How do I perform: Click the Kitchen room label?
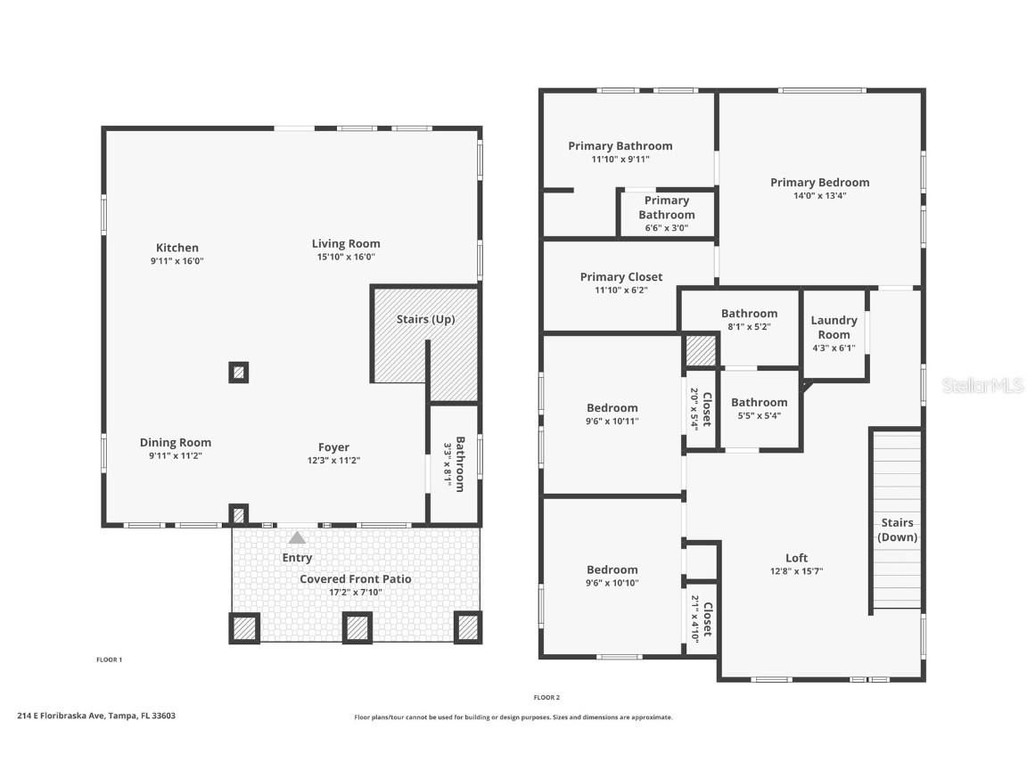(x=177, y=248)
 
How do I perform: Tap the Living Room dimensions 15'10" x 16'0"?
(x=346, y=257)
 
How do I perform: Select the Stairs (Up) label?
(x=425, y=319)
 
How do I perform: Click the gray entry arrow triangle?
(x=297, y=537)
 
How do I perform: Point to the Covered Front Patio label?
(x=355, y=578)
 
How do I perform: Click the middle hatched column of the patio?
(x=357, y=627)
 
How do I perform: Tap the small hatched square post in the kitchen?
(x=238, y=373)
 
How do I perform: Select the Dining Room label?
(x=176, y=442)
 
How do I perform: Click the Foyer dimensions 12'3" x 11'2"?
(x=333, y=461)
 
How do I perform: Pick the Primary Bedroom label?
(x=819, y=182)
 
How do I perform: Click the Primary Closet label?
(x=621, y=276)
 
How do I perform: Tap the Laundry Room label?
(x=834, y=327)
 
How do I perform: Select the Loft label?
(x=796, y=558)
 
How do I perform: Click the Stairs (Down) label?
(x=897, y=530)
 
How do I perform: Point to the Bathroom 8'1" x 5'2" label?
(x=749, y=314)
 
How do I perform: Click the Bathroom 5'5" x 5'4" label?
(x=760, y=402)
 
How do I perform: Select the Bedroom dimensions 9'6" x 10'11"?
(x=612, y=422)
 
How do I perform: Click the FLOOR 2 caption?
(x=546, y=697)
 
